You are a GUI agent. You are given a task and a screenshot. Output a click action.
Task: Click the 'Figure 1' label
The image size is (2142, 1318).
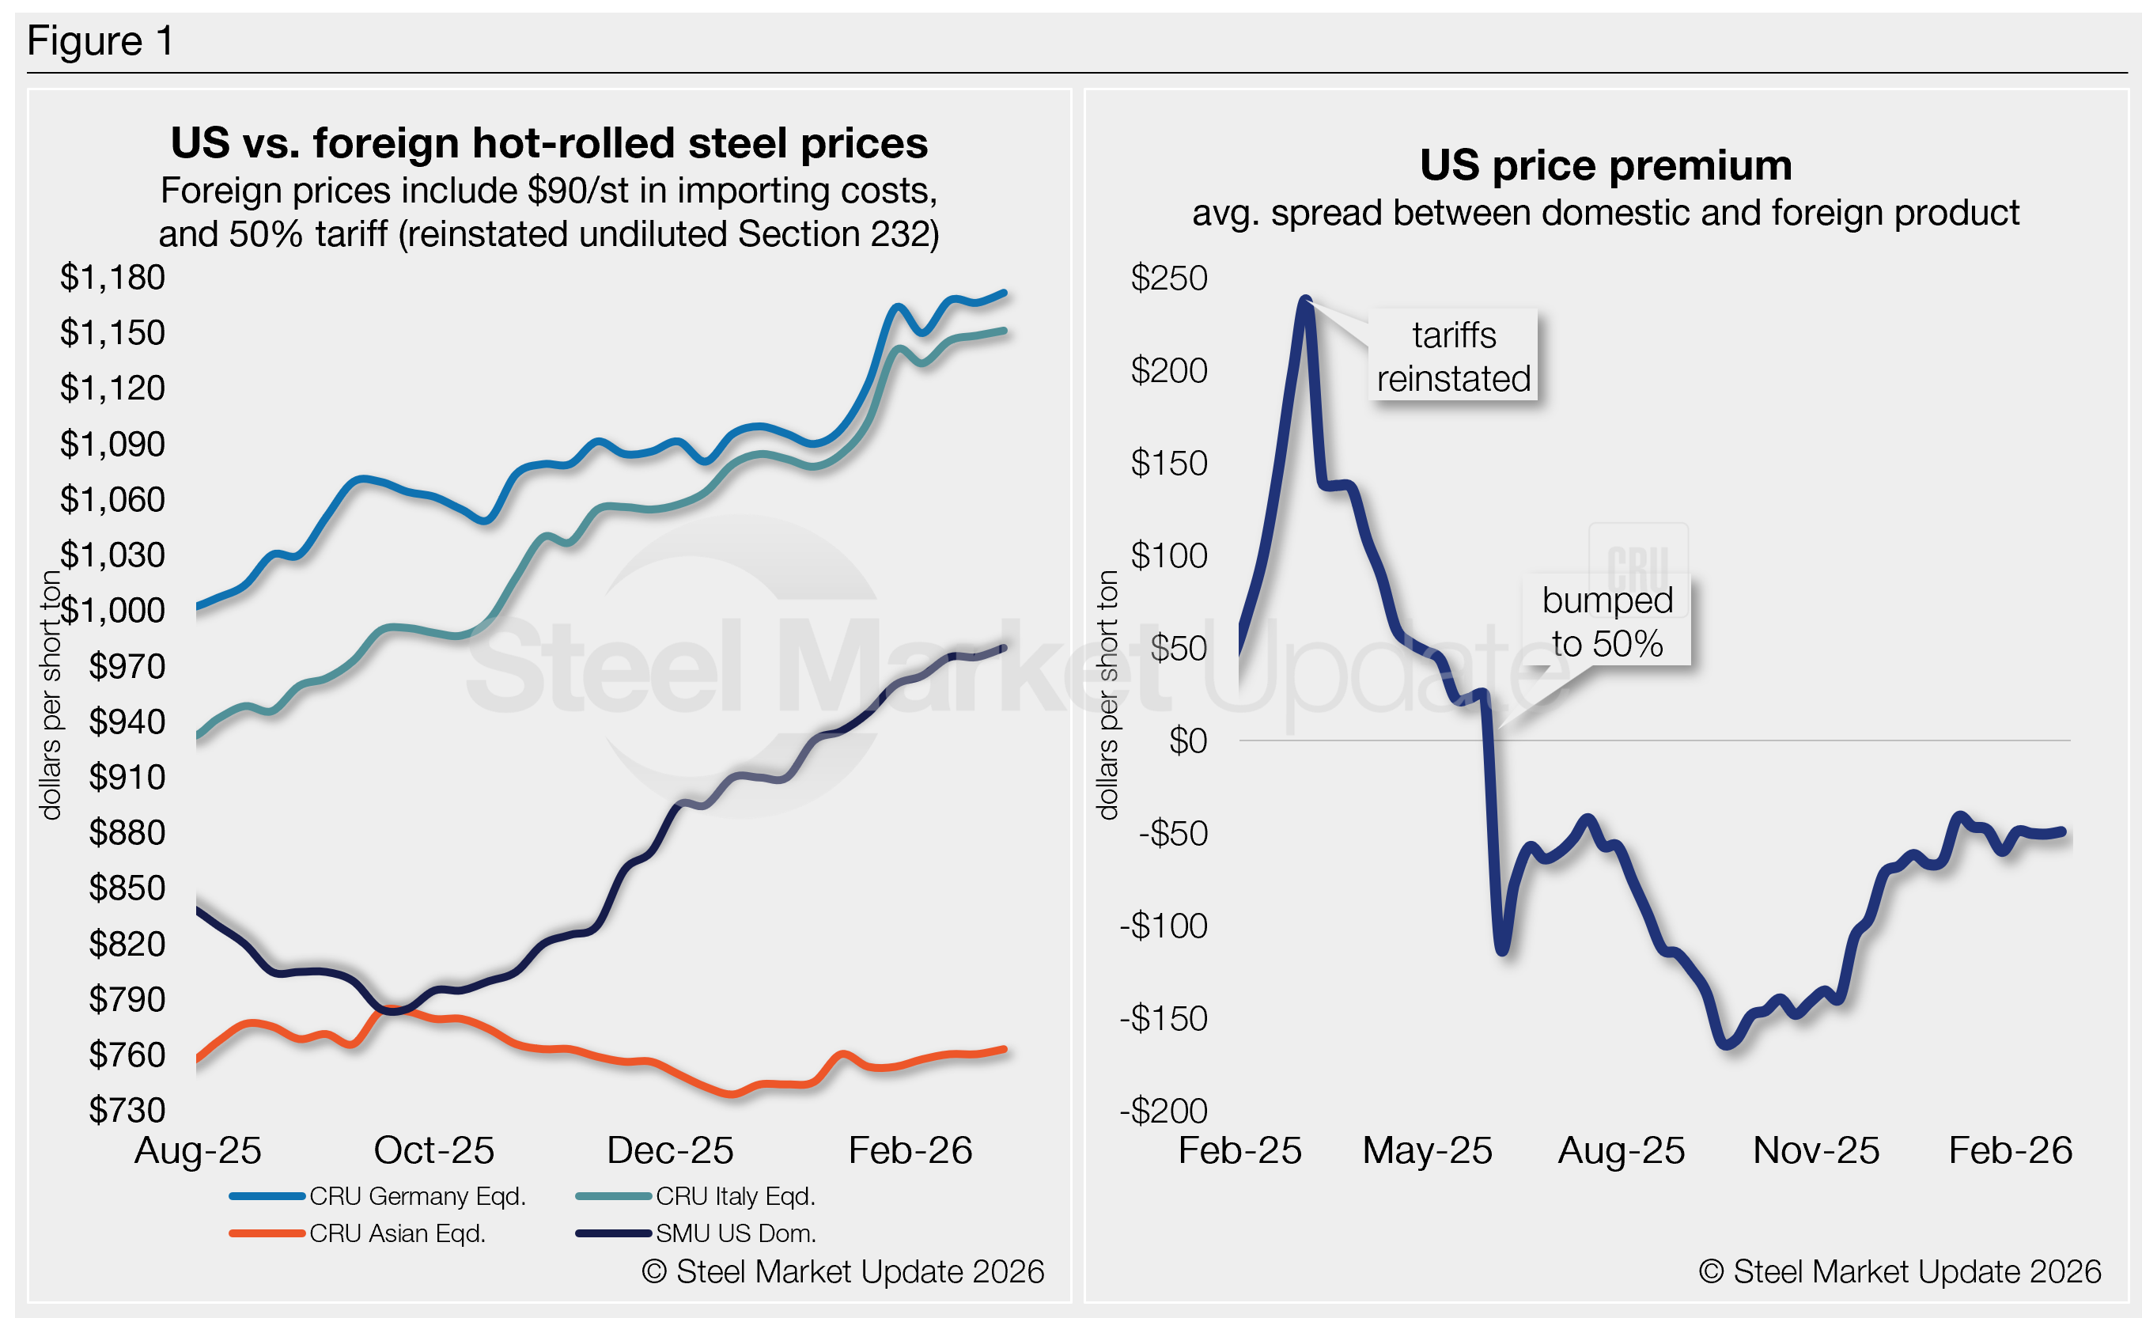coord(100,41)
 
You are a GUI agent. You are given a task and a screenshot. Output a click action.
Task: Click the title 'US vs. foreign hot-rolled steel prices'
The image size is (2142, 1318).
coord(549,143)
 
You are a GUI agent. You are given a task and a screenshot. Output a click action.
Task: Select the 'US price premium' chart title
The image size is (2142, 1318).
coord(1605,165)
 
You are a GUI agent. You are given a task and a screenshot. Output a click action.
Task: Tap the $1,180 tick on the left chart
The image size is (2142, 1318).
coord(112,277)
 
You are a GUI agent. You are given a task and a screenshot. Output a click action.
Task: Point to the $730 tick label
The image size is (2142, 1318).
coord(127,1110)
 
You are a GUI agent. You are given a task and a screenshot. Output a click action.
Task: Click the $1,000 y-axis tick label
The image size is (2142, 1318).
coord(112,610)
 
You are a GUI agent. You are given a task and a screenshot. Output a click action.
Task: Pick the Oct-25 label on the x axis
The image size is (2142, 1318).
coord(433,1150)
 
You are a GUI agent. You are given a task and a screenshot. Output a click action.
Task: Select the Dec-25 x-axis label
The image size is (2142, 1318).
coord(669,1150)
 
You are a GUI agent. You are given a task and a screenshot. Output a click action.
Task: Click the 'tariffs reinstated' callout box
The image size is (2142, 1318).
coord(1453,356)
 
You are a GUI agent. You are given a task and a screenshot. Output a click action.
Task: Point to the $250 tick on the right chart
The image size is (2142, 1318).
coord(1168,278)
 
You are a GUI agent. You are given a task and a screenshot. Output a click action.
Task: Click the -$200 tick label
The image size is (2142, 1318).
coord(1164,1111)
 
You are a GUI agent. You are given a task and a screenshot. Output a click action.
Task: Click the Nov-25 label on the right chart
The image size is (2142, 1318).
coord(1815,1150)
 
